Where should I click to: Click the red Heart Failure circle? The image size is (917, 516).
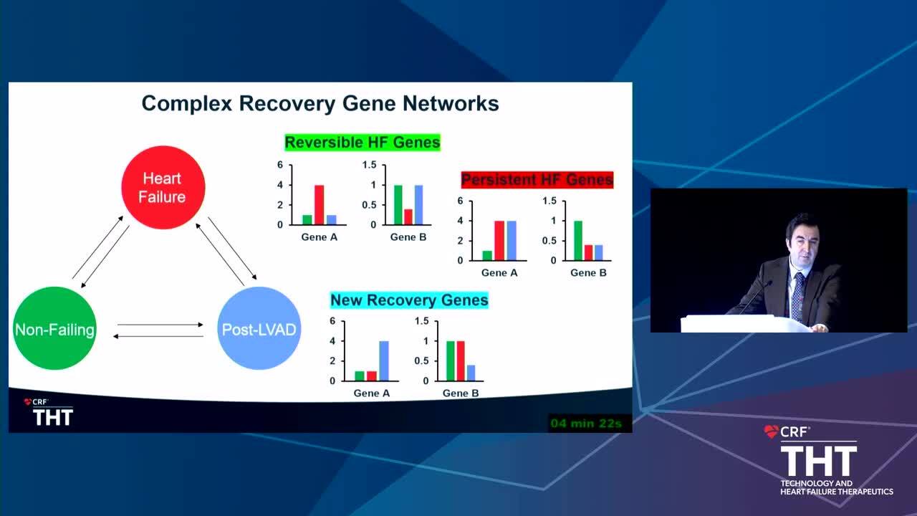(x=163, y=188)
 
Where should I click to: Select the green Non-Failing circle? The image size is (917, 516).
(x=55, y=328)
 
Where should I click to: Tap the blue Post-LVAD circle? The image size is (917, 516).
(x=259, y=328)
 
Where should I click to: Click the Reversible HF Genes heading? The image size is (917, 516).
(x=363, y=143)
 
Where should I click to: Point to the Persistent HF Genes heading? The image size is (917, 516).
(x=537, y=180)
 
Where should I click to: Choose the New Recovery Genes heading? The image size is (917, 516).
(x=409, y=300)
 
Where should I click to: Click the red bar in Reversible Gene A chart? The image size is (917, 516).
(x=320, y=205)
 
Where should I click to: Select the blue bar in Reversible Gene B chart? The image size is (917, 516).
(x=418, y=205)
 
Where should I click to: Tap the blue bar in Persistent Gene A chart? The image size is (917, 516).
(x=512, y=240)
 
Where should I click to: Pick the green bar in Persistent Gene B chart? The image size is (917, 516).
(x=578, y=240)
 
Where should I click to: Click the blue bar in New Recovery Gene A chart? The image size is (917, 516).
(x=384, y=360)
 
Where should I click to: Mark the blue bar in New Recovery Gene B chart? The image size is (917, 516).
(x=471, y=373)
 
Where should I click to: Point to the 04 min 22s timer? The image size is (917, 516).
(x=586, y=424)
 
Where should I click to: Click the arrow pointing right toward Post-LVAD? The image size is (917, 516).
(x=160, y=325)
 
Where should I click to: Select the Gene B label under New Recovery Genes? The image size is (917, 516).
(x=461, y=393)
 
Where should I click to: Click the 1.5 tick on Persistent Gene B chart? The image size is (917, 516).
(x=549, y=201)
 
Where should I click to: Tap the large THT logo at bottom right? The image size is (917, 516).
(x=819, y=461)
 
